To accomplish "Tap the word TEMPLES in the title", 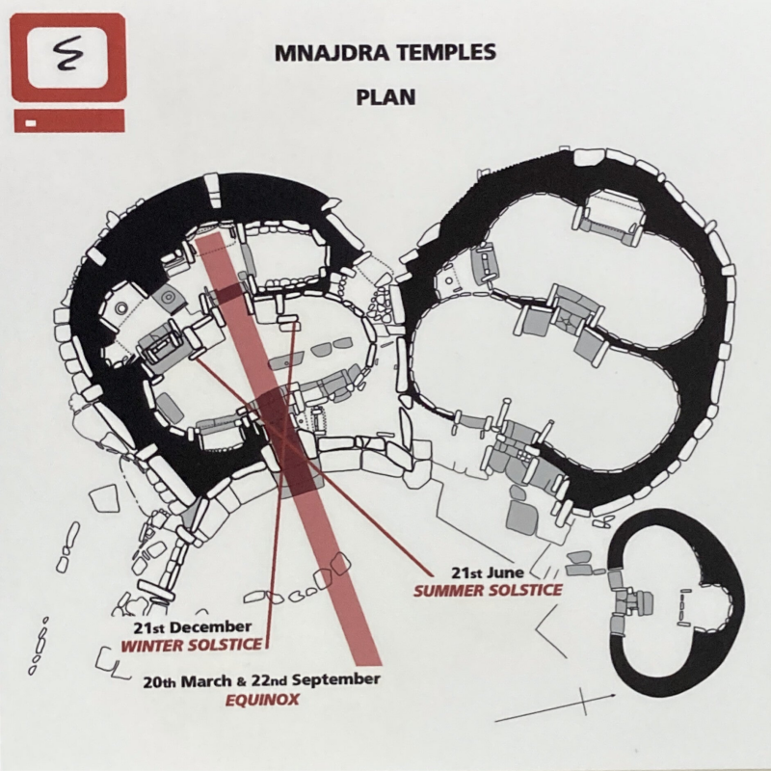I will [x=442, y=54].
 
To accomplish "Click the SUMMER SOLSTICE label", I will [x=488, y=589].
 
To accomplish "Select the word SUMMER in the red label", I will [x=448, y=589].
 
